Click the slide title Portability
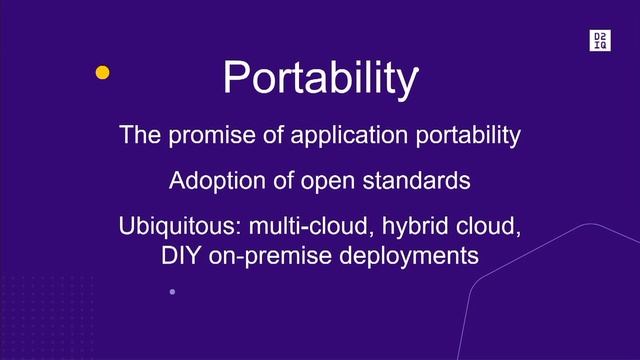tap(320, 77)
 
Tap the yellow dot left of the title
tap(101, 72)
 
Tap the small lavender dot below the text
tap(172, 291)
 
